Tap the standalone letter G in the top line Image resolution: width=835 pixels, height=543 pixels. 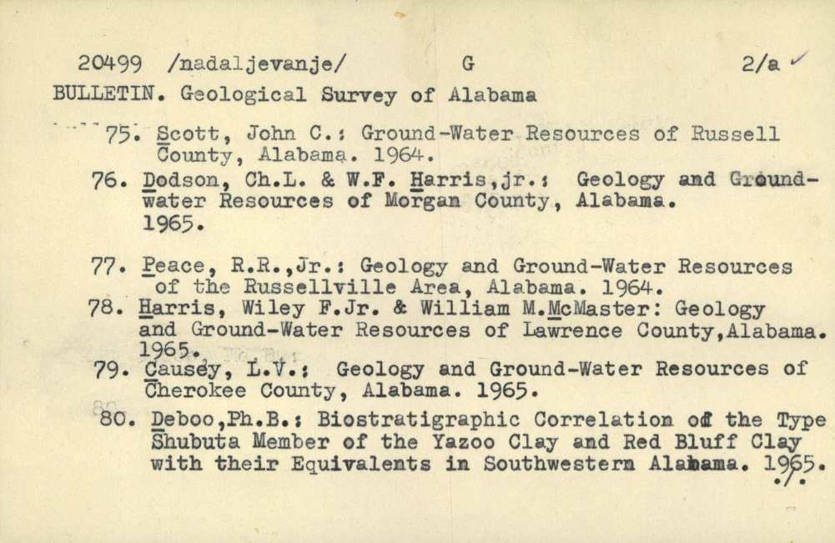click(x=466, y=63)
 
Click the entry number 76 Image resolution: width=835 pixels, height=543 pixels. click(x=108, y=180)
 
